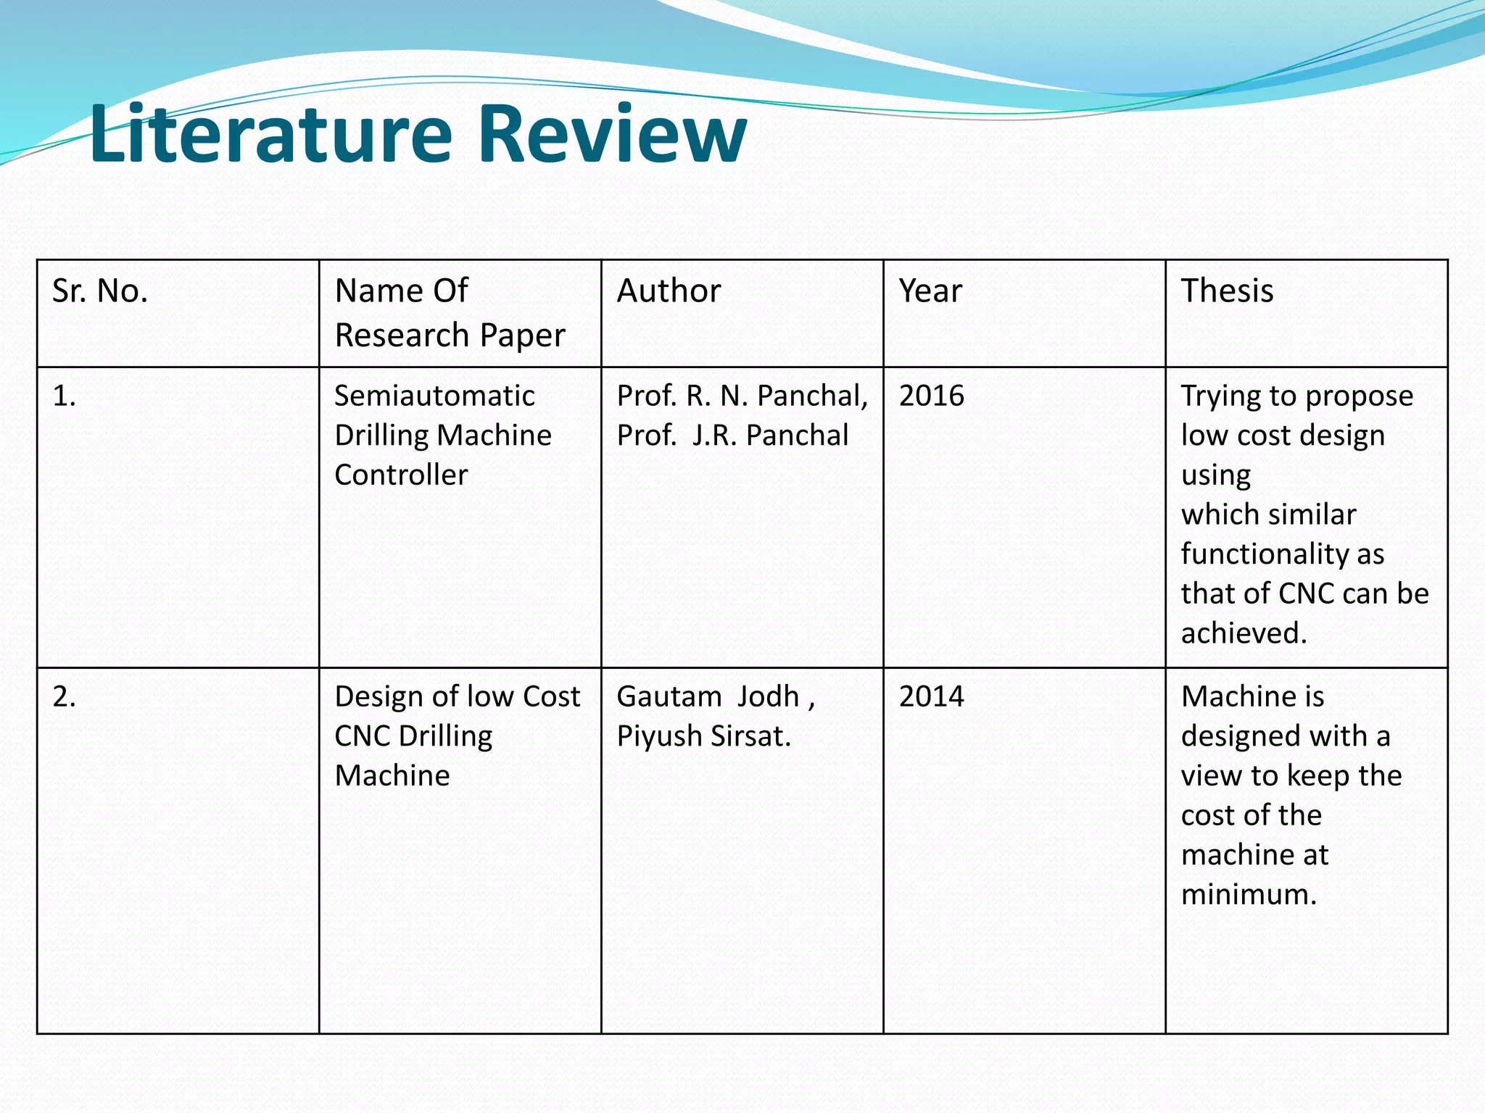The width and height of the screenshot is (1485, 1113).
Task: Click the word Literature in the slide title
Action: click(270, 134)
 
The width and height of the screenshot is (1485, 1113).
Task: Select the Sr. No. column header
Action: click(100, 291)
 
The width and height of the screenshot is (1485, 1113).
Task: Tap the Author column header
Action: click(669, 291)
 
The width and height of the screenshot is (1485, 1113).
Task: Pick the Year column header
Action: click(930, 291)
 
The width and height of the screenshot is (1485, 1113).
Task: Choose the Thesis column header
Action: click(1227, 291)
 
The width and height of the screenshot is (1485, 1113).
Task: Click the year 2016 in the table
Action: click(932, 396)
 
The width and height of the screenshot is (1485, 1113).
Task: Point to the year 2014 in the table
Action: click(932, 697)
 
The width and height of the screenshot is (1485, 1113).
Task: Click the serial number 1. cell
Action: click(65, 396)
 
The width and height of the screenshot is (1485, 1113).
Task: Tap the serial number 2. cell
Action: click(65, 697)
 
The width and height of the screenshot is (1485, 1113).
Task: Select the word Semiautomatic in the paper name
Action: click(434, 396)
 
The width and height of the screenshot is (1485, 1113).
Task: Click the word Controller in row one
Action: click(401, 475)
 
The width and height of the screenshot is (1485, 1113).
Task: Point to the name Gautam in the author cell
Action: click(669, 697)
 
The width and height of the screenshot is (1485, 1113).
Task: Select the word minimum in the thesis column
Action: click(1247, 895)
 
